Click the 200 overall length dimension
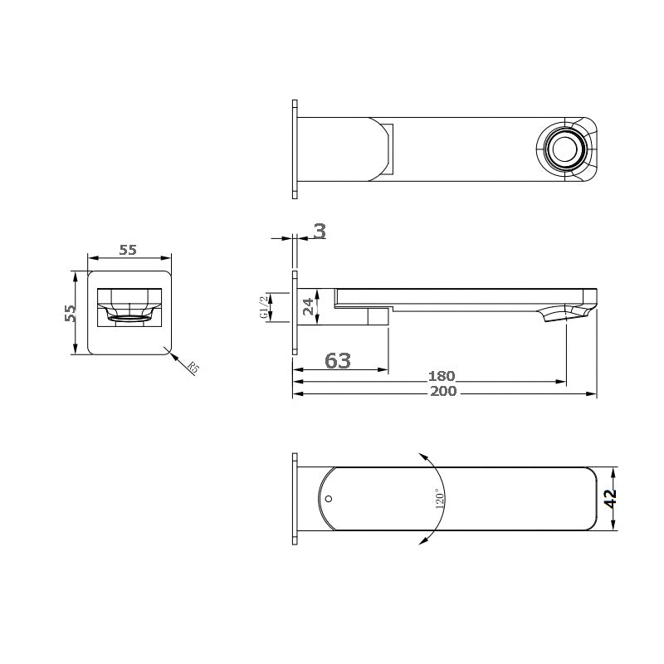[x=443, y=391]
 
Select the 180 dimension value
[x=443, y=377]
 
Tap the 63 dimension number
[x=338, y=360]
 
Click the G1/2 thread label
[x=264, y=306]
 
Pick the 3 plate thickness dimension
[x=319, y=232]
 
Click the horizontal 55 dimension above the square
[x=128, y=250]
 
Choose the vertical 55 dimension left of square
[x=71, y=313]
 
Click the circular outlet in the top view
[x=569, y=151]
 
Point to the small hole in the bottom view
[x=329, y=500]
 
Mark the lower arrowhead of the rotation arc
[x=423, y=541]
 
